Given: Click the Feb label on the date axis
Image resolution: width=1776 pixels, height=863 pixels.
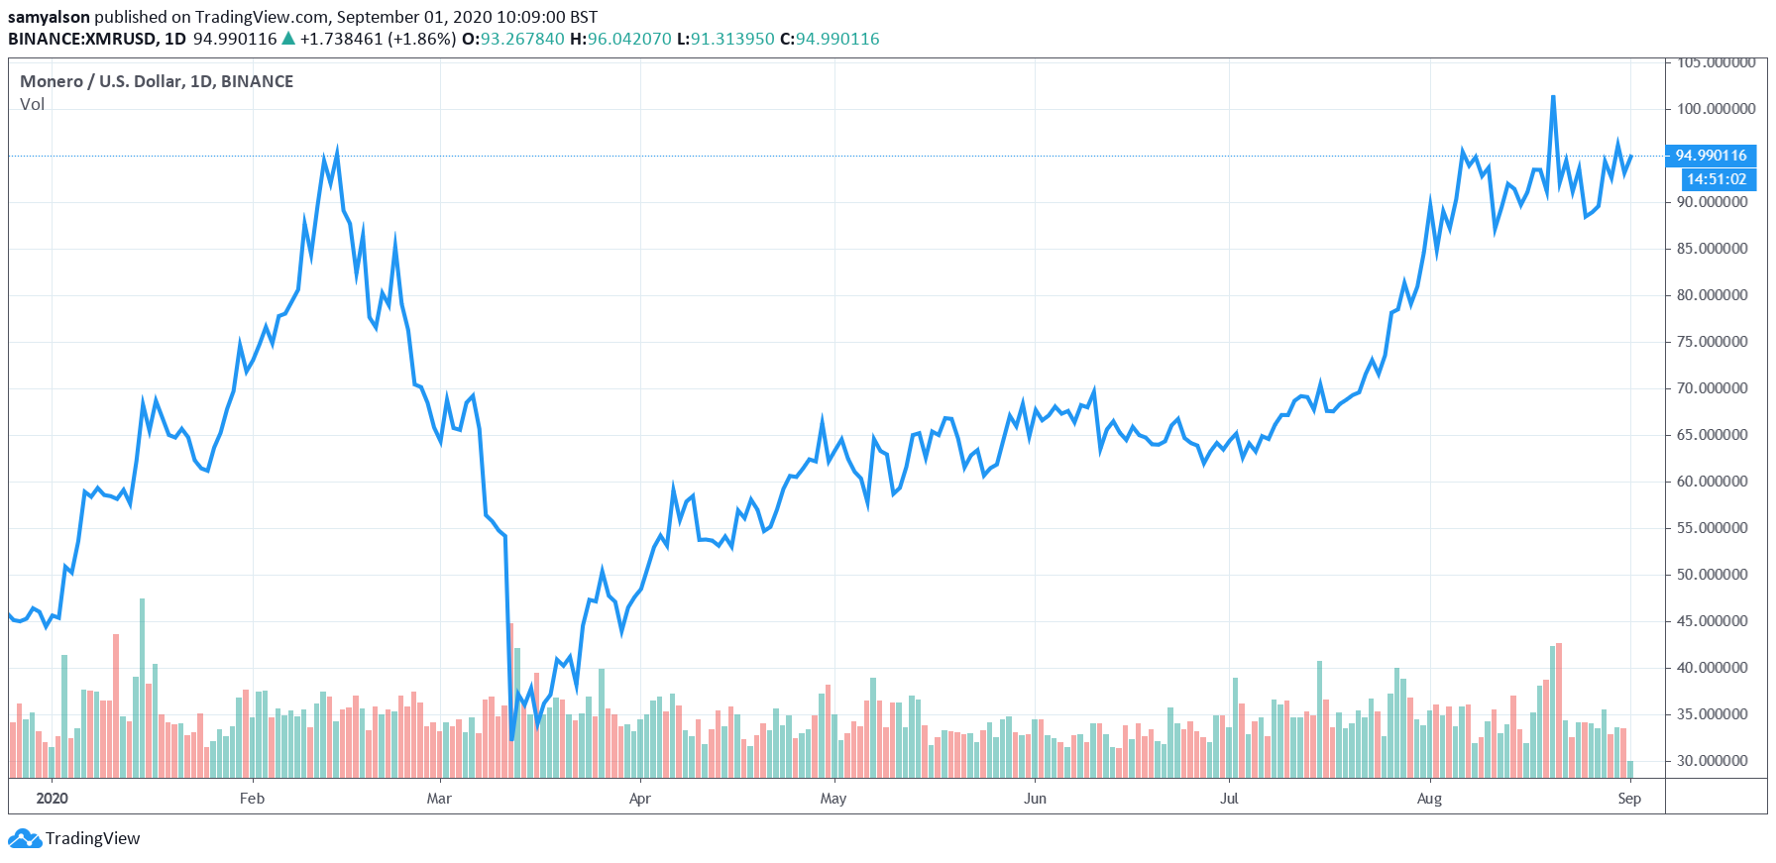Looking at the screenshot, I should click(252, 799).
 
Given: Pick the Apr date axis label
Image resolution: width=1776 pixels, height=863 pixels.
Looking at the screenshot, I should click(639, 799).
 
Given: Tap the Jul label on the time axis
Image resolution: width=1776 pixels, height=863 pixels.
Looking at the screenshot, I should click(1229, 799).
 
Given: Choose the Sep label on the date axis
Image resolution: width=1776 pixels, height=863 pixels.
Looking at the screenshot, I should click(1629, 799).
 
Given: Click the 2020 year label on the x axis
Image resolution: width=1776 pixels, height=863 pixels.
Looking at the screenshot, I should click(52, 799).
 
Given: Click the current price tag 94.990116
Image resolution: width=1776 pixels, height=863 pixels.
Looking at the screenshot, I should click(1711, 156).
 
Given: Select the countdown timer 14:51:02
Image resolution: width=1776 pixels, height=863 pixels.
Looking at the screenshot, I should click(1717, 179).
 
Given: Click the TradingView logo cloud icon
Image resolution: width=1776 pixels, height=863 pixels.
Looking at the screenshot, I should click(24, 839).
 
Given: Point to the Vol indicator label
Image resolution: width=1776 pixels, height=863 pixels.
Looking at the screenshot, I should click(32, 104).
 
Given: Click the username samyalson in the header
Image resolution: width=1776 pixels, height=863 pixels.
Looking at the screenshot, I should click(49, 17).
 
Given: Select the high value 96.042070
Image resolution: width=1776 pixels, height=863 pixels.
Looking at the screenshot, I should click(629, 39).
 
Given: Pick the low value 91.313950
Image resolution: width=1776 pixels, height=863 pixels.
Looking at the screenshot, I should click(732, 39).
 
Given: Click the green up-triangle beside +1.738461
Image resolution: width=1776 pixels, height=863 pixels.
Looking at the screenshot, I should click(287, 39).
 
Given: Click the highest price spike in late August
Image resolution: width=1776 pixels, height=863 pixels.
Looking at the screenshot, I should click(1553, 97).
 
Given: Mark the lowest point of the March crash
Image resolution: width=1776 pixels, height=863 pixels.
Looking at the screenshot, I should click(511, 738).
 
